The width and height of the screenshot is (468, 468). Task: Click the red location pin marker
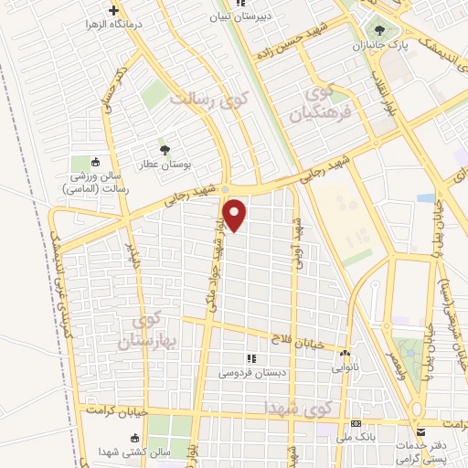[236, 215]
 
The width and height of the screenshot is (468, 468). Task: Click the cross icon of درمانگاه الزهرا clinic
[112, 12]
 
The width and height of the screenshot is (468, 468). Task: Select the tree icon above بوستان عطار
[165, 149]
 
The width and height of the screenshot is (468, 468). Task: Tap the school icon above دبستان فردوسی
[250, 358]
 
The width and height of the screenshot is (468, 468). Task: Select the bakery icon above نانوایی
[346, 353]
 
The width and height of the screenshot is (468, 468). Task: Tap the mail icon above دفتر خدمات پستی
[419, 431]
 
